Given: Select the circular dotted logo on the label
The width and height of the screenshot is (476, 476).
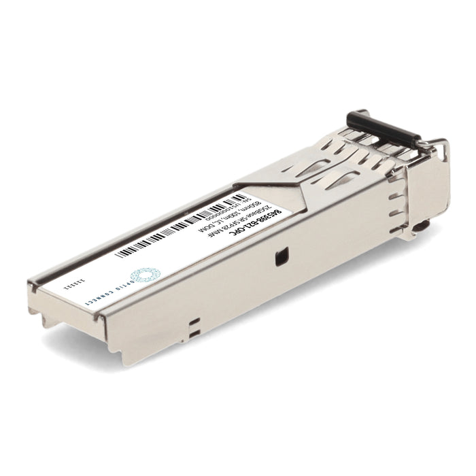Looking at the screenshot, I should pyautogui.click(x=143, y=276).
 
